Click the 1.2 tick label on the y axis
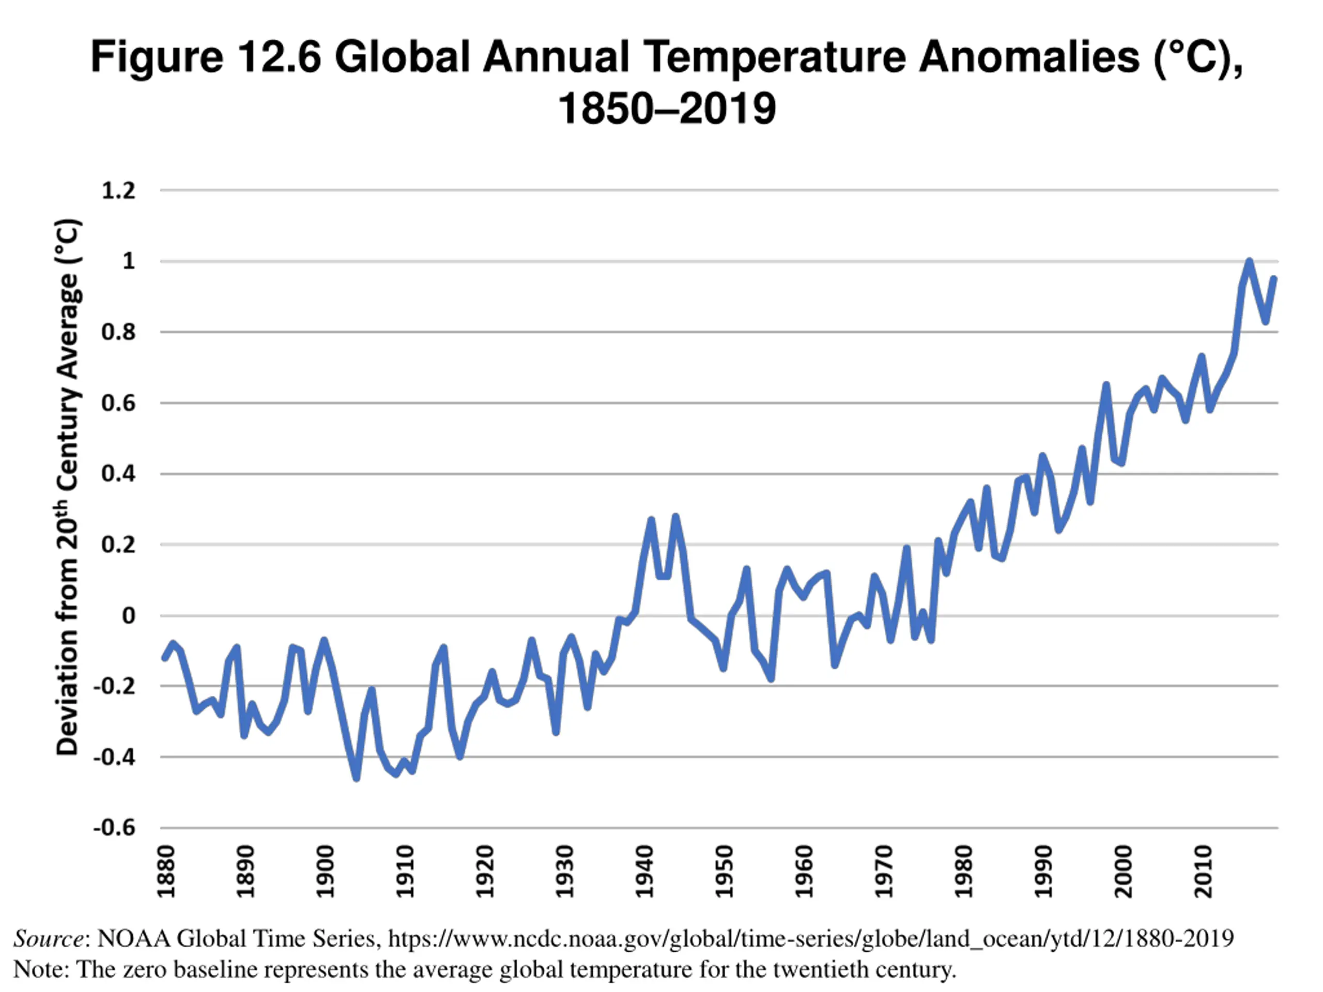click(118, 191)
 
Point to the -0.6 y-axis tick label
click(114, 828)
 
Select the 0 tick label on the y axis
click(129, 615)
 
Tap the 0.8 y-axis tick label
click(118, 332)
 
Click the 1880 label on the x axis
click(166, 872)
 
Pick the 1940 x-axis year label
click(644, 872)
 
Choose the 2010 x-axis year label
click(1203, 872)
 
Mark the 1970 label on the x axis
click(883, 872)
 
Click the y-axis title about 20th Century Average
click(68, 487)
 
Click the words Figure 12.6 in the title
click(206, 57)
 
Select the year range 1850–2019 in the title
click(667, 109)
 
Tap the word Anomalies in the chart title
click(1029, 57)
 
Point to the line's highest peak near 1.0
click(1249, 261)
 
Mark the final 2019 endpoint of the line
click(1273, 278)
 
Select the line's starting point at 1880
click(165, 658)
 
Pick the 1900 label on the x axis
click(325, 872)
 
